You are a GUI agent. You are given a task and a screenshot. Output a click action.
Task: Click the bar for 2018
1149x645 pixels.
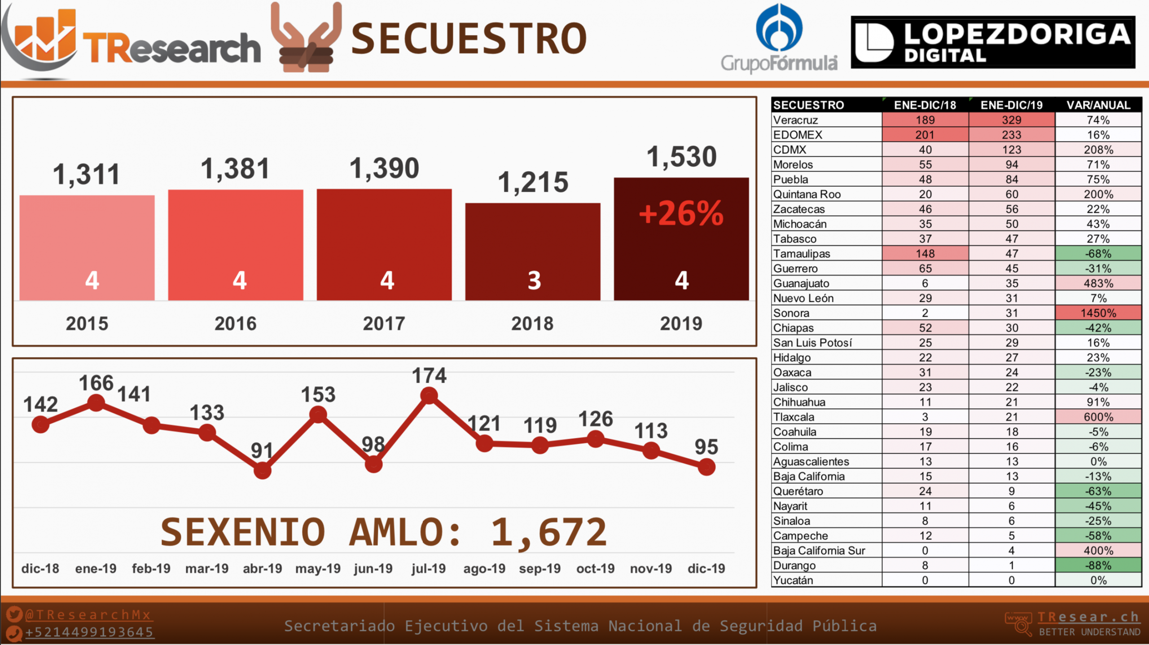532,252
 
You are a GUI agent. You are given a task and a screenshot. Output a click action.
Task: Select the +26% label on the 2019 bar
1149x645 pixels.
681,213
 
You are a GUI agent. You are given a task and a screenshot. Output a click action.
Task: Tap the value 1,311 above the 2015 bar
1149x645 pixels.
86,174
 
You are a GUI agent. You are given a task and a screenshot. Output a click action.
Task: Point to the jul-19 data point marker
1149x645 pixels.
429,396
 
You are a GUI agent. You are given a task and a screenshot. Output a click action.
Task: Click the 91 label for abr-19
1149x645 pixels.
262,451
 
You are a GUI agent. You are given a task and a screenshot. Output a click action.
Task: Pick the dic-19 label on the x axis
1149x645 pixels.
706,569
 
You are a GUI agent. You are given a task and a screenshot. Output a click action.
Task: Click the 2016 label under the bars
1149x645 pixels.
235,324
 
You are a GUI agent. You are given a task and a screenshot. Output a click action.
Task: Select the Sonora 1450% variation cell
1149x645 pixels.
1098,313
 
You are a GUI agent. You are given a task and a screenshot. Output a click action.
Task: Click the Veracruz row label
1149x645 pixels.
795,120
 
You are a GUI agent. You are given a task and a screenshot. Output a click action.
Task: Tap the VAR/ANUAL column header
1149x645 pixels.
1098,105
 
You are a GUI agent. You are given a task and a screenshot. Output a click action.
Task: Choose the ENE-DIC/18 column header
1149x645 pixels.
925,105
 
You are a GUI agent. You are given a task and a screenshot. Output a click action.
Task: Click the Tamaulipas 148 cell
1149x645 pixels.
925,254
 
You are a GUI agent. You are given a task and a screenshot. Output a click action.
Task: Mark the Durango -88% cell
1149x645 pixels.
1098,565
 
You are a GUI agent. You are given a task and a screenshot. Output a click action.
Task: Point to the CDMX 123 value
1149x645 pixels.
1011,150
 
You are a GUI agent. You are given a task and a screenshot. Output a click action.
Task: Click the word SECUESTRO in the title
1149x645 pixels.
469,40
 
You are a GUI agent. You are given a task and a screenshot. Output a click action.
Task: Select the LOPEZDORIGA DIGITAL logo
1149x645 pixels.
993,42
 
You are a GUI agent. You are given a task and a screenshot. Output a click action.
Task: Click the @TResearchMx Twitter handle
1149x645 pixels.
88,614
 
